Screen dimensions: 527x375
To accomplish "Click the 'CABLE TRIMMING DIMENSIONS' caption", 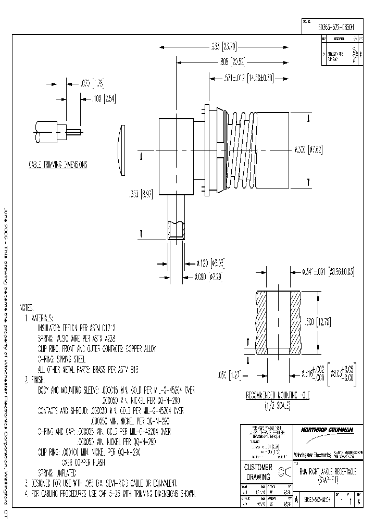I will click(57, 165).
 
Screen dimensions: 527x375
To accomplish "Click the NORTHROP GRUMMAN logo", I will click(327, 430).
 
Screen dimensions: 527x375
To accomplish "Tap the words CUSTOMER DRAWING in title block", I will click(258, 472).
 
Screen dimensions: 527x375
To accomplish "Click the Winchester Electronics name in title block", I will click(312, 455).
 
